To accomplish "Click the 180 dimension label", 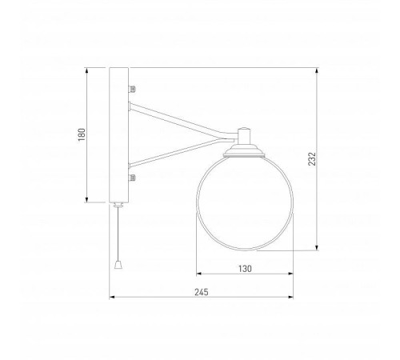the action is [82, 134].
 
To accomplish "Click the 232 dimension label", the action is [312, 159].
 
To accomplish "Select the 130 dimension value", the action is [245, 269].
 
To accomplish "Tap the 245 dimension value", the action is [201, 292].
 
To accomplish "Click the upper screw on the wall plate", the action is [132, 89].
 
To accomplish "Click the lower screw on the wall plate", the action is [132, 178].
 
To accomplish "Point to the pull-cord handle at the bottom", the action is [118, 265].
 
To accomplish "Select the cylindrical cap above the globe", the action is [244, 136].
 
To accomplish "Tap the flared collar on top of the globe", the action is [244, 151].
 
